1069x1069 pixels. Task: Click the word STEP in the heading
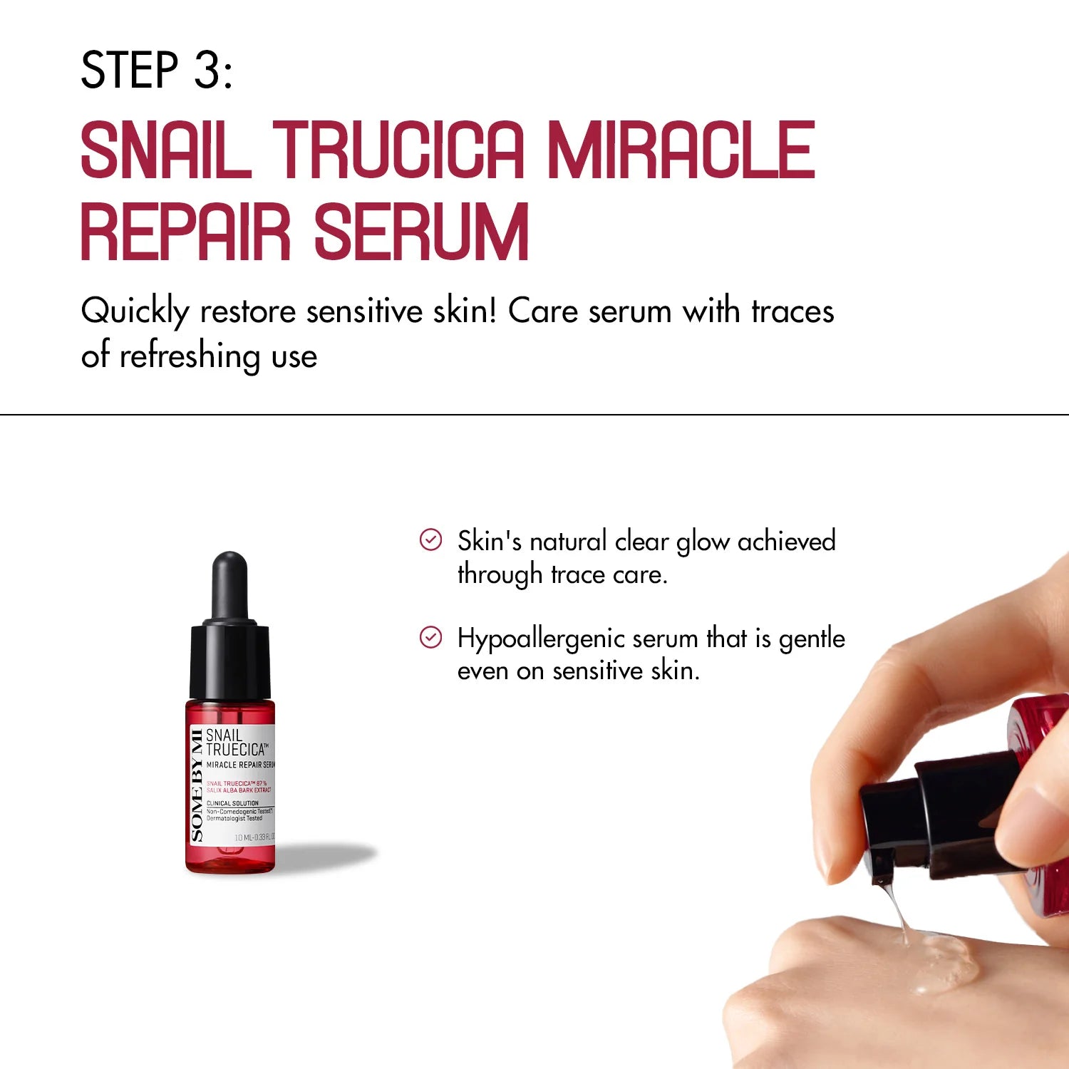[x=129, y=71]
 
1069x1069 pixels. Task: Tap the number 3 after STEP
[x=208, y=71]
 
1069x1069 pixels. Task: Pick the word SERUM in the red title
[x=421, y=232]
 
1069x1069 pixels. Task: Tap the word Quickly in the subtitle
[x=135, y=312]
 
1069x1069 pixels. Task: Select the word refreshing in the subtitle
[x=190, y=356]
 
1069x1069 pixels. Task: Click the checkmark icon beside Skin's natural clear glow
[x=430, y=540]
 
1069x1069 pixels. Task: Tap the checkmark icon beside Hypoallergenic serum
[x=430, y=637]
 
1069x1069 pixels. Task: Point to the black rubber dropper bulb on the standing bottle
[x=229, y=584]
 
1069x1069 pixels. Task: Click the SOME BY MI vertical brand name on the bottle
[x=197, y=785]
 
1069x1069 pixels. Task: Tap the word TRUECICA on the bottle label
[x=236, y=750]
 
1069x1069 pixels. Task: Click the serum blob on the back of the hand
[x=941, y=962]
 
